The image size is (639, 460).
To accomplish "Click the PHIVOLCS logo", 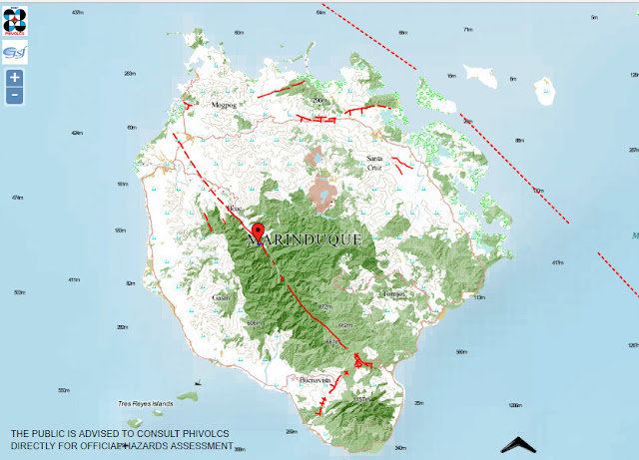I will point(15,19).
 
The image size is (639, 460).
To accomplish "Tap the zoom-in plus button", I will point(14,78).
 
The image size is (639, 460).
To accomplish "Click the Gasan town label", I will point(222,297).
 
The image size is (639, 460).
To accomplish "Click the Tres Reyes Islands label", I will point(146,403).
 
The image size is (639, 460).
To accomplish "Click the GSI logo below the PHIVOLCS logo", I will point(15,52).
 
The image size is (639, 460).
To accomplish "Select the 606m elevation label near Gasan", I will point(253,322).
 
